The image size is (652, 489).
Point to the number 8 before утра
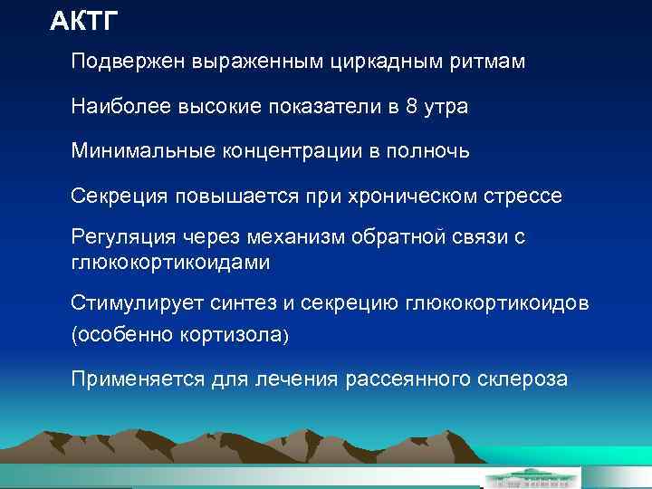412,107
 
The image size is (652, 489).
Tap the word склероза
519,378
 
